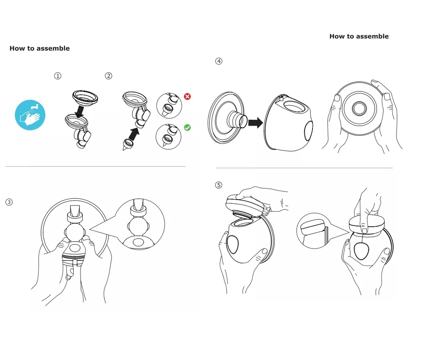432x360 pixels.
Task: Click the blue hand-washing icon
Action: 30,115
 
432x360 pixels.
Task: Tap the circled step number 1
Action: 58,76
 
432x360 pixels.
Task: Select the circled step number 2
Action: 108,76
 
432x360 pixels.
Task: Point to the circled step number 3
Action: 9,202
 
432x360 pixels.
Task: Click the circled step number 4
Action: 219,61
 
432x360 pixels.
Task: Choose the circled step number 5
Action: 219,185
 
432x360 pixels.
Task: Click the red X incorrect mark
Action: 187,96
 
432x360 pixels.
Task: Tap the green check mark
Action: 187,127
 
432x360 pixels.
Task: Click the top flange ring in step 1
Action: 85,96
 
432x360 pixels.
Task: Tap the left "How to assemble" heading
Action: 40,48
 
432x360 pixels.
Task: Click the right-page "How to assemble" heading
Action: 359,36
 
